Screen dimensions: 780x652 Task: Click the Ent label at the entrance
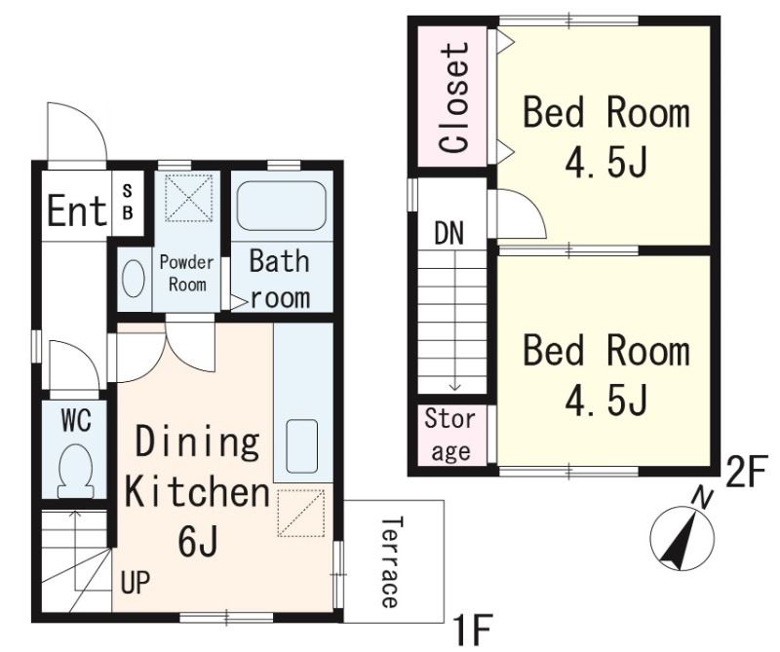(77, 211)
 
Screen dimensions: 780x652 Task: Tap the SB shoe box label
(128, 202)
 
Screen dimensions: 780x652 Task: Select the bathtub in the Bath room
(282, 205)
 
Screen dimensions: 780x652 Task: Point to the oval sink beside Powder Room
(134, 279)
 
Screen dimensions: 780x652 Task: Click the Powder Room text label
(187, 274)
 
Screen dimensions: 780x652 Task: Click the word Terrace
(391, 561)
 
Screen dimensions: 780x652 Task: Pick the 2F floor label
(744, 474)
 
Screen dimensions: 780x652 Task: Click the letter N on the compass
(702, 498)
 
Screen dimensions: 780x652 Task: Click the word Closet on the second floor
(454, 98)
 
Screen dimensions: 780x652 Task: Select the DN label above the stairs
(449, 233)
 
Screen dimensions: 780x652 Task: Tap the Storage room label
(450, 436)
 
